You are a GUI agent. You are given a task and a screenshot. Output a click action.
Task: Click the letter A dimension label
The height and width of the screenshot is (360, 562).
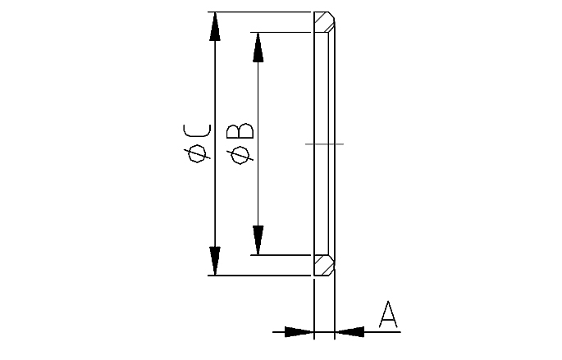(388, 315)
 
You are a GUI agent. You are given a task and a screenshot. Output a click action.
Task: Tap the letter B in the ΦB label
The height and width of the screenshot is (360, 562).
(242, 131)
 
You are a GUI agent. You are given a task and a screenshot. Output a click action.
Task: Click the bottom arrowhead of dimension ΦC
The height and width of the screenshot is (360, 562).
(215, 261)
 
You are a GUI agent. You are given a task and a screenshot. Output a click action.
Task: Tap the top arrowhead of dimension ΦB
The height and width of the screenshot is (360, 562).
(258, 47)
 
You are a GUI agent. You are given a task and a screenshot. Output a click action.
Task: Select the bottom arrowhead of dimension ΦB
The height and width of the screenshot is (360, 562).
(258, 239)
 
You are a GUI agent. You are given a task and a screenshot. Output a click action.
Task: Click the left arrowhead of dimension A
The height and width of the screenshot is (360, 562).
(300, 332)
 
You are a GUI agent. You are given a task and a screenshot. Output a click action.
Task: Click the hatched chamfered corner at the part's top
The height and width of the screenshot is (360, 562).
(324, 23)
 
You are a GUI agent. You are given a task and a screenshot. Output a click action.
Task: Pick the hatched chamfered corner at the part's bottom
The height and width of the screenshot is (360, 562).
(324, 264)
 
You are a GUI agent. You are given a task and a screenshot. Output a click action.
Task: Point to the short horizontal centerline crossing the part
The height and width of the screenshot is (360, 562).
(324, 144)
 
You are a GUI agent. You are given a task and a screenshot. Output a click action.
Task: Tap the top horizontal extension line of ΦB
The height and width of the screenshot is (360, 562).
(283, 33)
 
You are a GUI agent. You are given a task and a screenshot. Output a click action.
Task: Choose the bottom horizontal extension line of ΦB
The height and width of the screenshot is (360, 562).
(283, 255)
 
